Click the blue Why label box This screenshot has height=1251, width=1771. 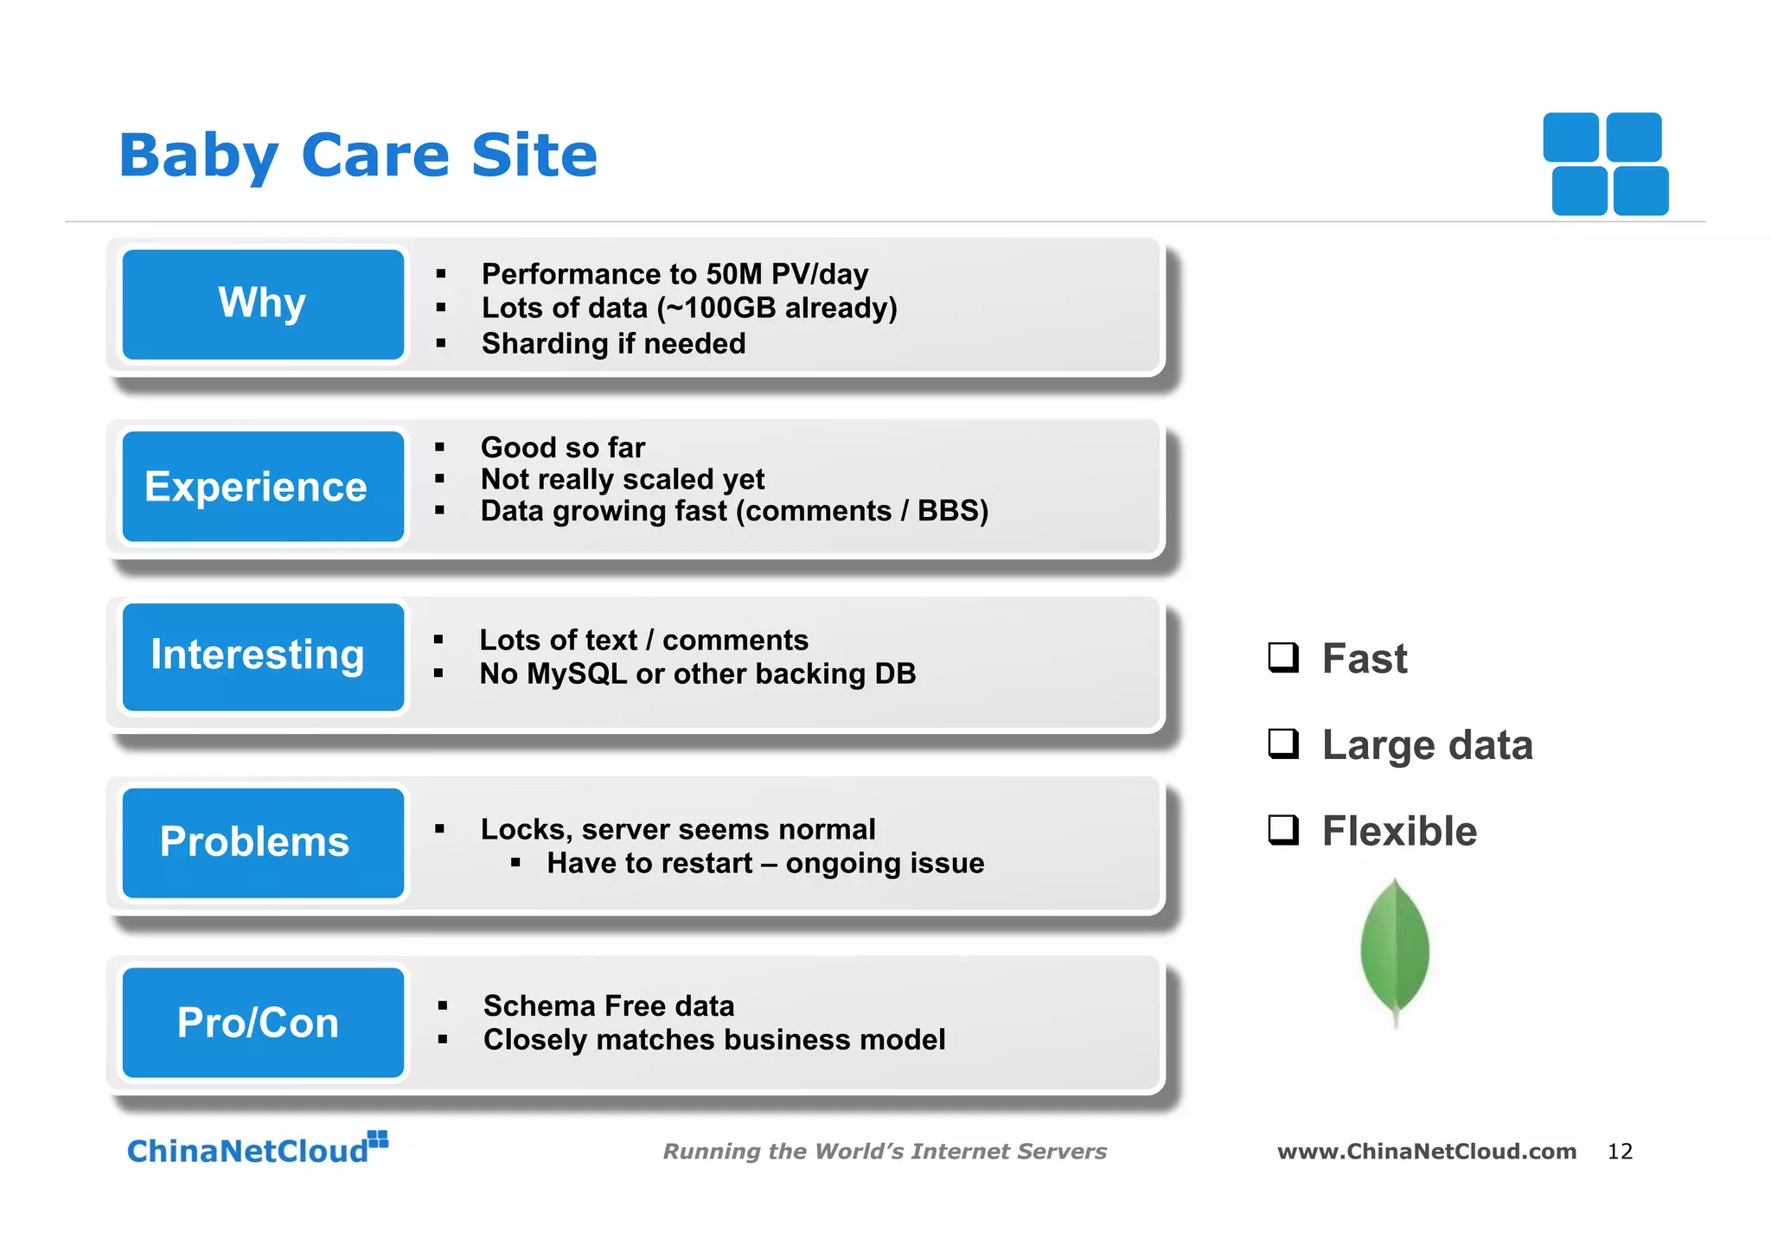pos(263,304)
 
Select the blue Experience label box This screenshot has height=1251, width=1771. pos(263,486)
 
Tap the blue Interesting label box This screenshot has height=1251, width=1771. pos(263,656)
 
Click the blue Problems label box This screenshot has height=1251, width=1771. pos(263,842)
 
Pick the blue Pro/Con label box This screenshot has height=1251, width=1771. pos(263,1022)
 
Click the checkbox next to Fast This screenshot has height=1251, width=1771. pos(1283,657)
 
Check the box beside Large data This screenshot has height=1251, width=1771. pos(1283,744)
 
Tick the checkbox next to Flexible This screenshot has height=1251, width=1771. pos(1283,830)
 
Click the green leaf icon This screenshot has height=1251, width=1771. pos(1394,951)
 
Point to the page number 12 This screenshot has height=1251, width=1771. pos(1620,1152)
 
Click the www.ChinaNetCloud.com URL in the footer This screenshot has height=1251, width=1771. pos(1427,1152)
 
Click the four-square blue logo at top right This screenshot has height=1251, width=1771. pos(1606,164)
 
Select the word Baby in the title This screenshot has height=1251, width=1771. pos(199,157)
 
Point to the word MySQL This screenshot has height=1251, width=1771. pos(577,673)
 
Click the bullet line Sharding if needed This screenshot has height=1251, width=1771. pos(613,343)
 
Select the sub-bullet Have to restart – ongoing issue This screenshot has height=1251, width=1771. pos(765,863)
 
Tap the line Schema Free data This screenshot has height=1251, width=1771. pos(609,1005)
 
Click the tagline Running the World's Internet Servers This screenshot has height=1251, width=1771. pos(885,1152)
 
